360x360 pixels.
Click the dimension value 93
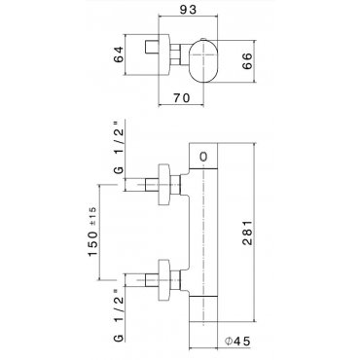(x=188, y=10)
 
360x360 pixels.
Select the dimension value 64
(x=119, y=54)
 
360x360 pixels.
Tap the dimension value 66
(x=247, y=60)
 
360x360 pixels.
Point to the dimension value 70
(x=181, y=97)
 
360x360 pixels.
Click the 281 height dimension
(x=247, y=233)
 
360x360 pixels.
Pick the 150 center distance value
(x=93, y=243)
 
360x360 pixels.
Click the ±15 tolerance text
(x=91, y=216)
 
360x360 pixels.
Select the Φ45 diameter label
(x=237, y=342)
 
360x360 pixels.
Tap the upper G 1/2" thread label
(x=120, y=148)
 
